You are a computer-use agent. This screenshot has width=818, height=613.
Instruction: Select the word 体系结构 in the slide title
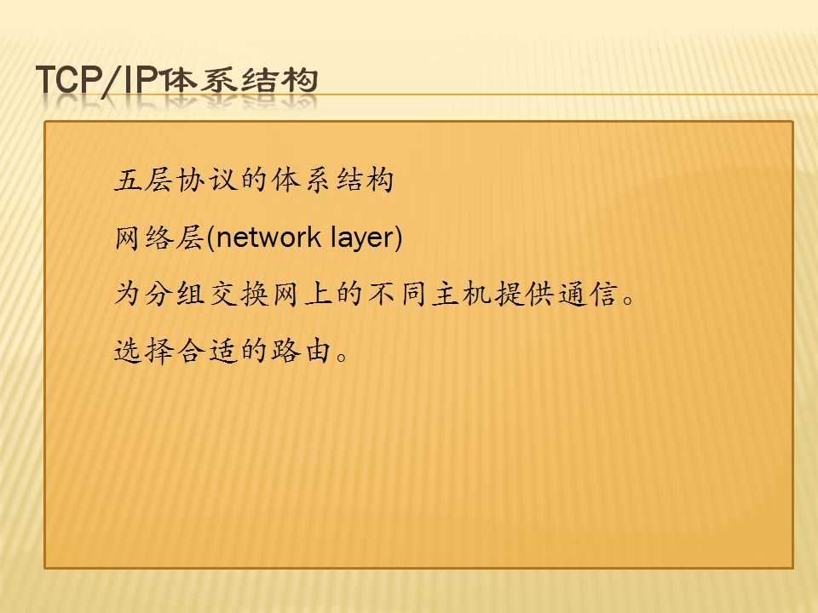(239, 80)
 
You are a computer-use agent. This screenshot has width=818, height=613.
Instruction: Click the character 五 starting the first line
(128, 180)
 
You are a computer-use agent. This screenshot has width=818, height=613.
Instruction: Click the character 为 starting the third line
(128, 294)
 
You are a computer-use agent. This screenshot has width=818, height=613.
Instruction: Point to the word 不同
(398, 294)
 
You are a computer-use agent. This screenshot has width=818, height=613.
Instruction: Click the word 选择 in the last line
(143, 350)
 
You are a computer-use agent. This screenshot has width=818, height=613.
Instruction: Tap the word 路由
(302, 350)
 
